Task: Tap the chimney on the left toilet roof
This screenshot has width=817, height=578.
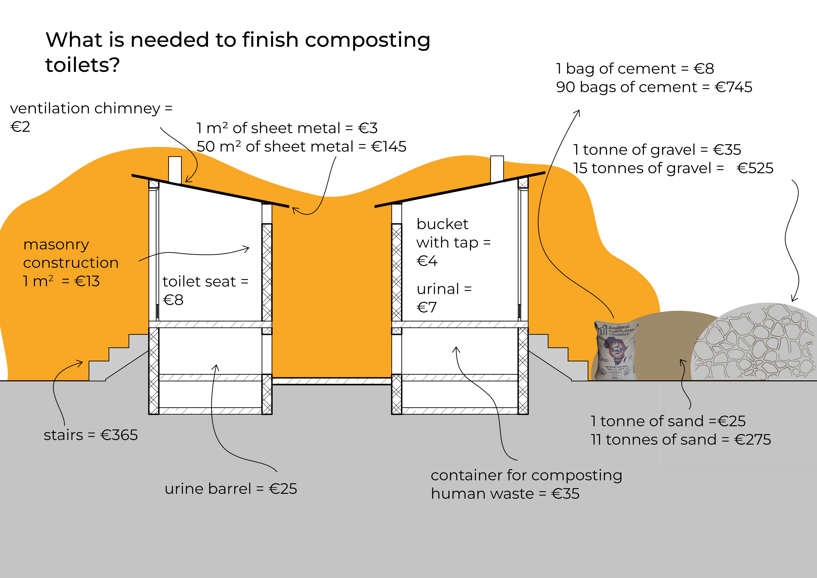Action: [x=175, y=170]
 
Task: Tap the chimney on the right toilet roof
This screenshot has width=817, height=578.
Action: [x=497, y=169]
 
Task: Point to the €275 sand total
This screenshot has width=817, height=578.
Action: [x=752, y=440]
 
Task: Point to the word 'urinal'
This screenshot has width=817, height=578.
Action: [x=438, y=289]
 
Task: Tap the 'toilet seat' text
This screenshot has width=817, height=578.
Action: [x=199, y=282]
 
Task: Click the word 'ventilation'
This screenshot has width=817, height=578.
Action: [x=49, y=108]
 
